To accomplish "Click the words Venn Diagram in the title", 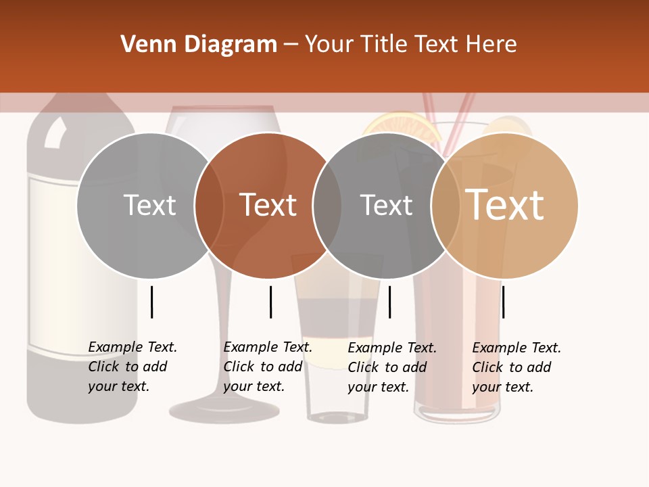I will pyautogui.click(x=199, y=45).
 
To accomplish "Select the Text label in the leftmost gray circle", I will pyautogui.click(x=149, y=205).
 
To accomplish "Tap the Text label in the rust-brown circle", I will pyautogui.click(x=268, y=205).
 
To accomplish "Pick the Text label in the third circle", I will pyautogui.click(x=386, y=205).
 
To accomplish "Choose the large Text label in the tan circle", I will pyautogui.click(x=505, y=205).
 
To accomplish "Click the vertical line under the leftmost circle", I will pyautogui.click(x=152, y=302).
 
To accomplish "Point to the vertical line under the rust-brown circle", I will pyautogui.click(x=270, y=302).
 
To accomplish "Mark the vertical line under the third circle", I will pyautogui.click(x=389, y=302).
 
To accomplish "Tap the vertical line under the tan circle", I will pyautogui.click(x=503, y=302).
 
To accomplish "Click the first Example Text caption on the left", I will pyautogui.click(x=133, y=367).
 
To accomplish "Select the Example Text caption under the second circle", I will pyautogui.click(x=268, y=367).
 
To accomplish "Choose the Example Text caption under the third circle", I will pyautogui.click(x=392, y=367).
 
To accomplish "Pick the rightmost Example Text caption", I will pyautogui.click(x=516, y=367).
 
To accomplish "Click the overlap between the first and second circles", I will pyautogui.click(x=209, y=205).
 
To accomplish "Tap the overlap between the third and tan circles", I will pyautogui.click(x=446, y=205).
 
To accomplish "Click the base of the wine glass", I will pyautogui.click(x=224, y=409).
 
